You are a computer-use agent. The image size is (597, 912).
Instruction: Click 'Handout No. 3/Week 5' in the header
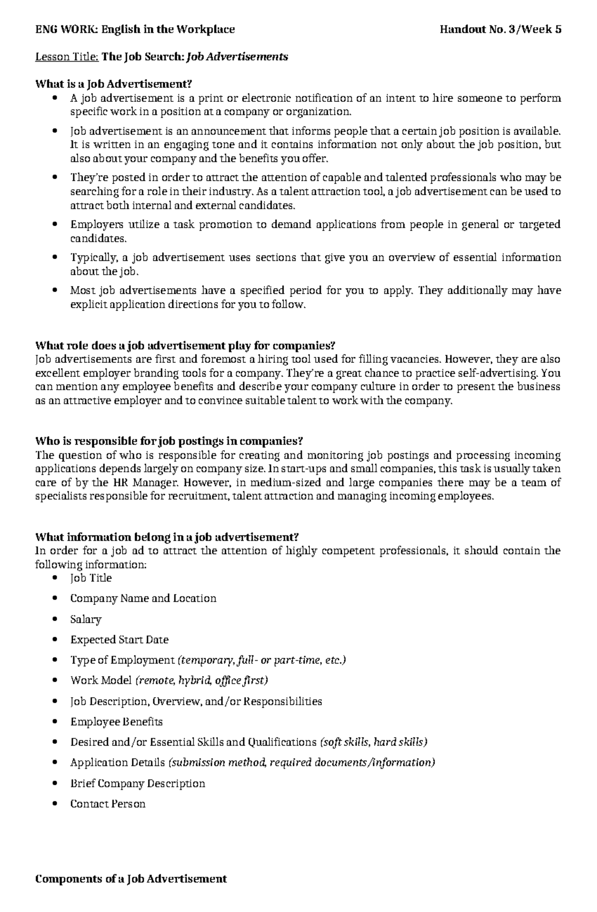(500, 29)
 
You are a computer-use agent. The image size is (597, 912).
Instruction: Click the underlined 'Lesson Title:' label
(67, 57)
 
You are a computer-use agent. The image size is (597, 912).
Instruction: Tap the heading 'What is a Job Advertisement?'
(113, 84)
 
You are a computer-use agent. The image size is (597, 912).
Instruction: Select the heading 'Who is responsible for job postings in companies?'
(169, 441)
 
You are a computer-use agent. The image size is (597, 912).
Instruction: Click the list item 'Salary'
(86, 619)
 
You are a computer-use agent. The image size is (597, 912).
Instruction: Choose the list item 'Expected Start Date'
(119, 640)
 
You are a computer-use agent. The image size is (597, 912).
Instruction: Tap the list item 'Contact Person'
(107, 804)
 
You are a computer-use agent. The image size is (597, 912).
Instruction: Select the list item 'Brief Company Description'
(137, 783)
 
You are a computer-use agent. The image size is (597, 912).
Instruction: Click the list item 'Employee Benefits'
(116, 722)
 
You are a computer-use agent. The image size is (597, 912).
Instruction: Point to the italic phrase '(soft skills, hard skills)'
(374, 742)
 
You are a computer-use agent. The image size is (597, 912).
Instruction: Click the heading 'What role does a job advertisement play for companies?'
(186, 345)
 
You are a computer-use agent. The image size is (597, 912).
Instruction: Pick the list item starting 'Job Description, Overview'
(196, 701)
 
